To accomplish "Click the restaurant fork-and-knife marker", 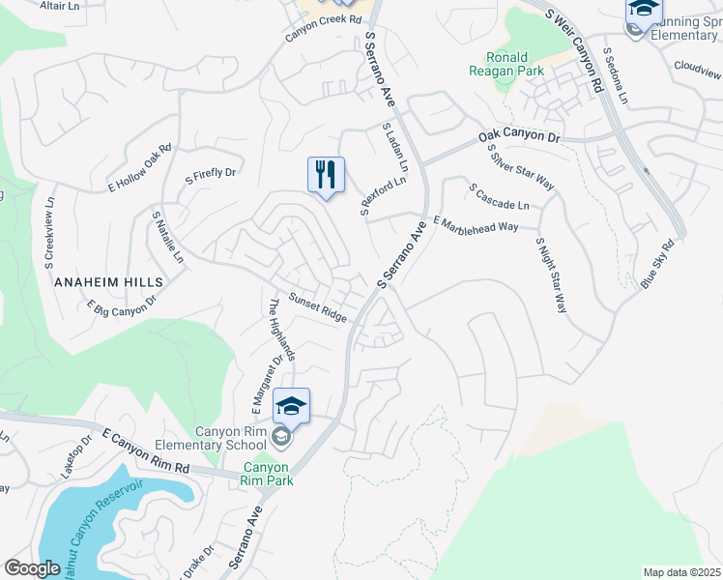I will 326,175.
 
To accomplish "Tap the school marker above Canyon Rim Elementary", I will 291,406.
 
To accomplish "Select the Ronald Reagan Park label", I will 506,64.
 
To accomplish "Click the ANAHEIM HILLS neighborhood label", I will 109,281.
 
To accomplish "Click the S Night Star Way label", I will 551,275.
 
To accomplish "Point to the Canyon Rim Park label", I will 268,473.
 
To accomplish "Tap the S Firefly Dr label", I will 211,174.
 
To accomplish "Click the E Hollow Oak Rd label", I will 140,166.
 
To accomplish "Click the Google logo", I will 32,568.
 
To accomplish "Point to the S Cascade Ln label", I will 499,198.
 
